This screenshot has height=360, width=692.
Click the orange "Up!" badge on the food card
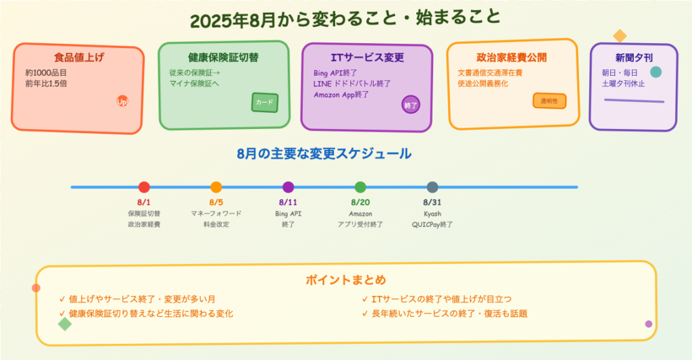click(x=122, y=101)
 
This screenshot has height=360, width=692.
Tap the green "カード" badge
click(x=265, y=103)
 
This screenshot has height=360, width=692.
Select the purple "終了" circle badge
click(x=411, y=105)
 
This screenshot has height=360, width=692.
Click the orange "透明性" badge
click(x=549, y=101)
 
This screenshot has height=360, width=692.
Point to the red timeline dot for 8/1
click(x=144, y=187)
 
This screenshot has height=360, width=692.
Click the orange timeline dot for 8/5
click(x=216, y=187)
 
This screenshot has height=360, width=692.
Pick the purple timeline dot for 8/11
click(x=288, y=187)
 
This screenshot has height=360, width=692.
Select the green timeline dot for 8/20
click(x=361, y=187)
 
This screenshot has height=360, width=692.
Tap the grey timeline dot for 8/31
click(x=432, y=187)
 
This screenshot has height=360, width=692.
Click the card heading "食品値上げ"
click(x=79, y=57)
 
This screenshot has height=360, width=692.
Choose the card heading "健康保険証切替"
click(x=223, y=57)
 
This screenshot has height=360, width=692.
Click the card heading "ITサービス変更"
click(x=367, y=57)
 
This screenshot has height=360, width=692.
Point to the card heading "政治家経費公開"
click(x=512, y=57)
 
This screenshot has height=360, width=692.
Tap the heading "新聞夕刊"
click(x=634, y=57)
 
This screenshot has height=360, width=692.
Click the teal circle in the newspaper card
click(x=656, y=72)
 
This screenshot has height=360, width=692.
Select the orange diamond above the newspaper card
click(x=620, y=36)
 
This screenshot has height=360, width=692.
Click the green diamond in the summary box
click(x=65, y=324)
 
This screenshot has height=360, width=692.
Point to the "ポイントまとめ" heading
click(x=346, y=280)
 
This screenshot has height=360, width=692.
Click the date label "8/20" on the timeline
click(x=361, y=202)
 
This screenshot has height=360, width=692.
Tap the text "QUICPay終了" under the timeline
click(x=432, y=224)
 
